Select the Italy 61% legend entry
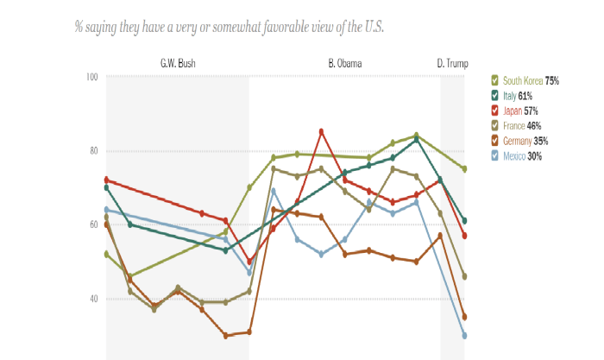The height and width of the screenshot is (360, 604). pos(517,95)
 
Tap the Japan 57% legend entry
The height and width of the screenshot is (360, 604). pos(519,111)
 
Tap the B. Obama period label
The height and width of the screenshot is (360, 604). pos(345,64)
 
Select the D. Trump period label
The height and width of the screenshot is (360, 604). pos(452,64)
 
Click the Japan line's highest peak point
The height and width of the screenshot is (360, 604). pos(321,131)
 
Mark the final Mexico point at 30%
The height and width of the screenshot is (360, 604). pos(464,336)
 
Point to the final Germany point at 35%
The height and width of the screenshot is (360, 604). pos(464,317)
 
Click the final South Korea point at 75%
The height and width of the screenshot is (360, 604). pos(464,169)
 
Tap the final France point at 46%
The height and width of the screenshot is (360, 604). pos(464,276)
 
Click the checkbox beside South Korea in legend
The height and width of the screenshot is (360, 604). pos(494,80)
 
